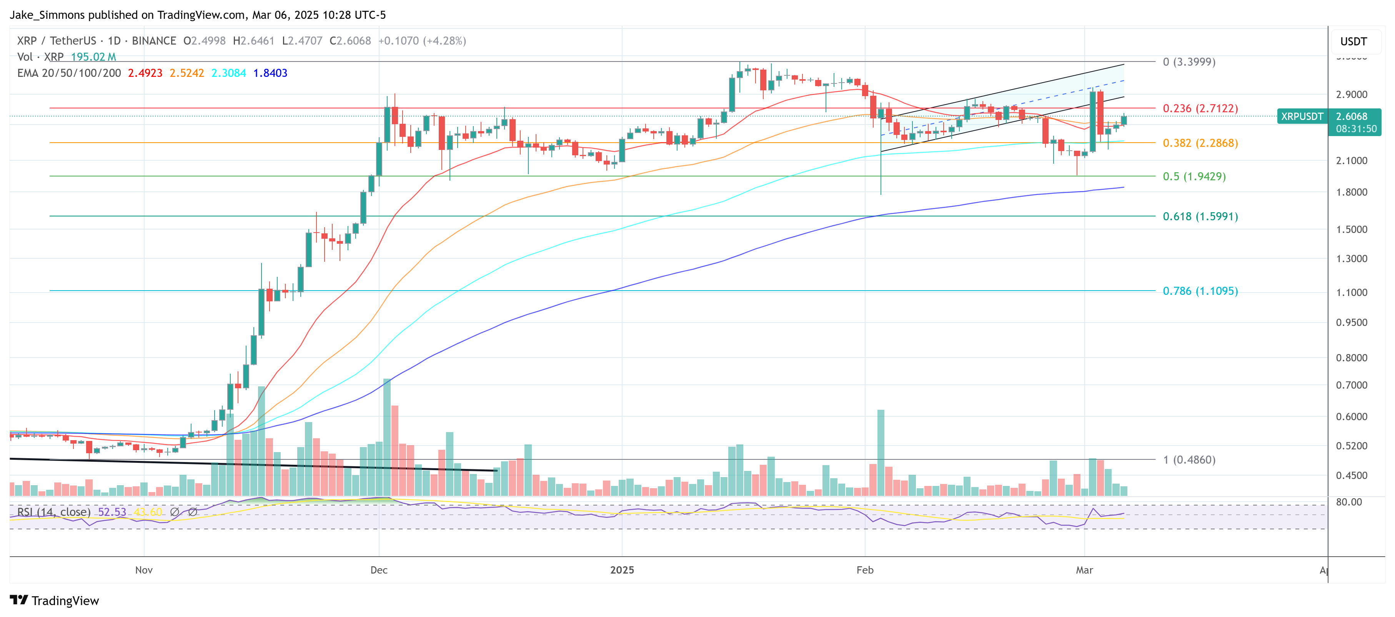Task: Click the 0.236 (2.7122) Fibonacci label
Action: [x=1200, y=108]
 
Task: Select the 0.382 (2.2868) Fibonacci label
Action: [x=1200, y=143]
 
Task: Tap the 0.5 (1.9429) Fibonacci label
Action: [x=1194, y=176]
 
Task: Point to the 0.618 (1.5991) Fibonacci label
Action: [x=1200, y=216]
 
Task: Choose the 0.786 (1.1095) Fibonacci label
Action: [x=1200, y=291]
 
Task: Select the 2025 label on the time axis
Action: [x=622, y=570]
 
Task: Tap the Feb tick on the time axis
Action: [x=864, y=570]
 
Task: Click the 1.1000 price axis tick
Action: [x=1351, y=292]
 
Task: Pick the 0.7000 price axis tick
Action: [x=1351, y=385]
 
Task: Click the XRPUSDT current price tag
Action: [x=1302, y=116]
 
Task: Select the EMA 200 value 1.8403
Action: [x=270, y=73]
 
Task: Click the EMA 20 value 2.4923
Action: [x=145, y=73]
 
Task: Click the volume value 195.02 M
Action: [x=93, y=57]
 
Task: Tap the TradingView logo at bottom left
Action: [x=54, y=601]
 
